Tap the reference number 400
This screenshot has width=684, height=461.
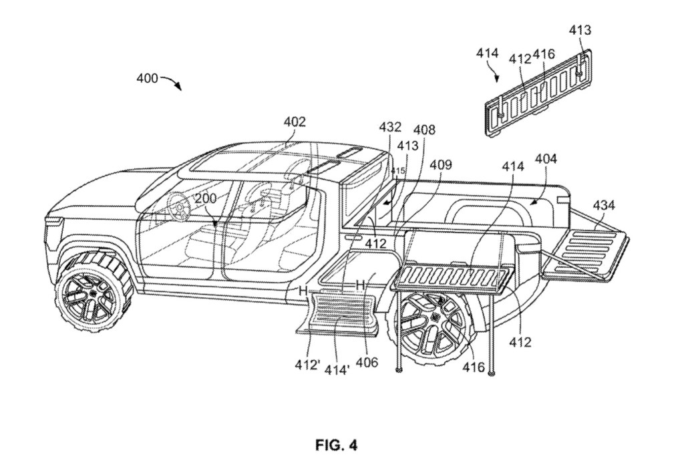pyautogui.click(x=147, y=78)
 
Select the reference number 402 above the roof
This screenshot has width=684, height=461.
pyautogui.click(x=294, y=122)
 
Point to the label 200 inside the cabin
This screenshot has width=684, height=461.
pyautogui.click(x=206, y=198)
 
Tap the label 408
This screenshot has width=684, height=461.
pyautogui.click(x=423, y=130)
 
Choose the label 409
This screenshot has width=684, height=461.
pyautogui.click(x=440, y=164)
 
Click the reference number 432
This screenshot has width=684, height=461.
pyautogui.click(x=390, y=127)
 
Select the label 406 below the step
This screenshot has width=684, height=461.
pyautogui.click(x=367, y=362)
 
